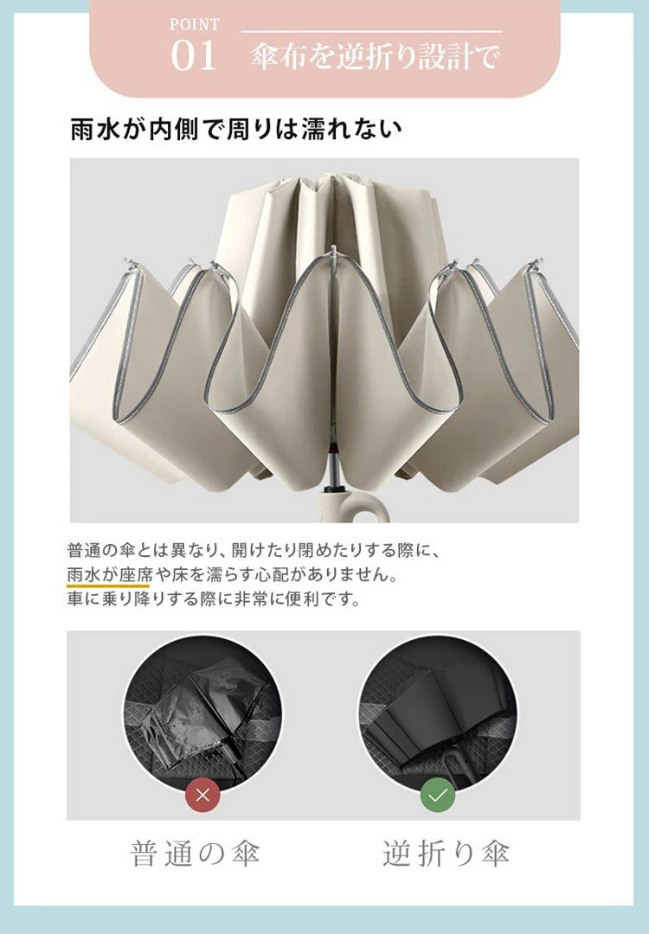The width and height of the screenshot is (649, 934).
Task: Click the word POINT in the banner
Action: (195, 24)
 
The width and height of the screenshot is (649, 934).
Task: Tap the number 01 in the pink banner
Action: (194, 56)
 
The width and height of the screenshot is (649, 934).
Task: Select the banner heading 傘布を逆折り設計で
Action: (374, 57)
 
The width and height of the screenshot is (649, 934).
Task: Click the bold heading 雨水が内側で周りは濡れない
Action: (236, 129)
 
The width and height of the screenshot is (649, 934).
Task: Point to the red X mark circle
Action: (202, 795)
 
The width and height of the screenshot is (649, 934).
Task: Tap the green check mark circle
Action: (438, 795)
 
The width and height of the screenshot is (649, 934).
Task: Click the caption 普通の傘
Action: (195, 854)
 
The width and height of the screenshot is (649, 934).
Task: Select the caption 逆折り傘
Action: (446, 854)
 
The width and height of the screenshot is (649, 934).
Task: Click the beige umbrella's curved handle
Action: (357, 505)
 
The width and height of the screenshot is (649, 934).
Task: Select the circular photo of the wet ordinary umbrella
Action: (202, 713)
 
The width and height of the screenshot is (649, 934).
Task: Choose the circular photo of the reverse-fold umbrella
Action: (438, 713)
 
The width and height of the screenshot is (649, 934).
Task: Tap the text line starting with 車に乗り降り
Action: (215, 598)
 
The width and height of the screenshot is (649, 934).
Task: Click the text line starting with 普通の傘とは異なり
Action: (254, 550)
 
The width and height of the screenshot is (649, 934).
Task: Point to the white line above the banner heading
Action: (371, 32)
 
